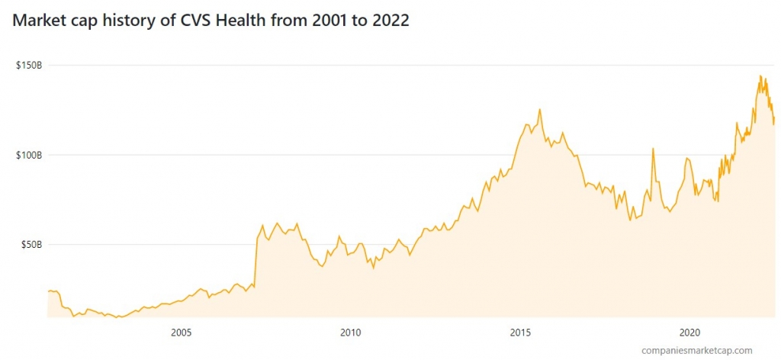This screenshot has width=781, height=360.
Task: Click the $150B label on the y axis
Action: (28, 66)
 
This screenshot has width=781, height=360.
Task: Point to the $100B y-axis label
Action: (28, 155)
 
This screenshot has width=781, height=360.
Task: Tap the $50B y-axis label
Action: (31, 245)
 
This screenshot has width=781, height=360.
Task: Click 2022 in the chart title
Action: (390, 21)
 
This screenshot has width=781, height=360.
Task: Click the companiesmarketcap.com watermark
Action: (697, 350)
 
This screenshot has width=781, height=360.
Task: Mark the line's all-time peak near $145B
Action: (760, 76)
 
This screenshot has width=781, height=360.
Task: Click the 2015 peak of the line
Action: (540, 109)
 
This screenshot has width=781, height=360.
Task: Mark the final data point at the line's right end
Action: (774, 121)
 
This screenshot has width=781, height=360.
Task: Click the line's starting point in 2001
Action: (48, 291)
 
